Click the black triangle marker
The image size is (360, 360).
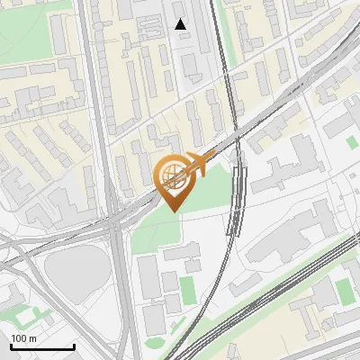point(181,24)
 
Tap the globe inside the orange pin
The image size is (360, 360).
point(172,176)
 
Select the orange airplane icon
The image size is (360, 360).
point(197,166)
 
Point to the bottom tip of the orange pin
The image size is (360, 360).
point(172,211)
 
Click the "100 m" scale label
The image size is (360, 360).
point(24,337)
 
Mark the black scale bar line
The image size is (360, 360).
point(41,347)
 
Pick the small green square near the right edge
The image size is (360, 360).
point(351,142)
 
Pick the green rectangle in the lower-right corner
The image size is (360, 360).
point(344,289)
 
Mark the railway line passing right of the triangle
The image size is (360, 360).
point(221,54)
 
